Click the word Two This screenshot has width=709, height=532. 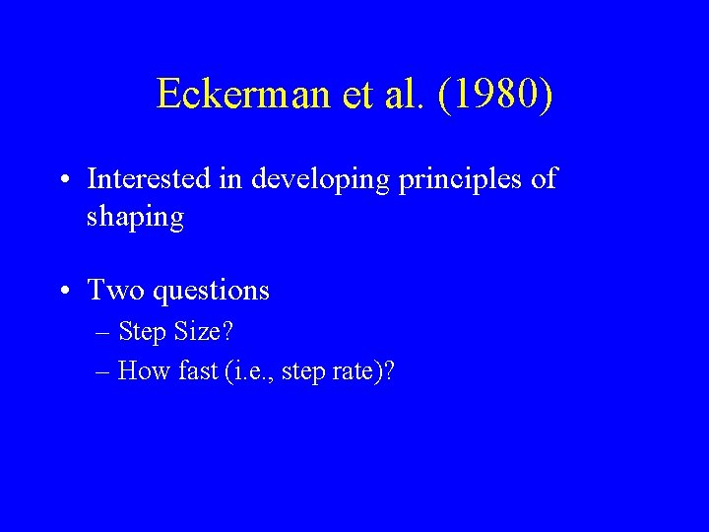112,290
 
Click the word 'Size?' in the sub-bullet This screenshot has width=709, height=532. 204,333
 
